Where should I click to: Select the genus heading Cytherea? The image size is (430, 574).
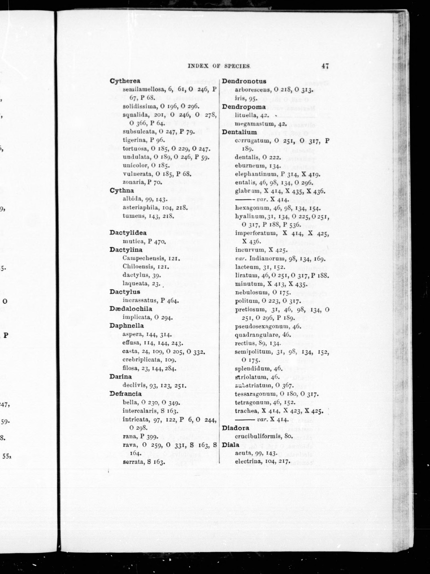coord(125,81)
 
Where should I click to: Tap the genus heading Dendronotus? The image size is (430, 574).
coord(244,81)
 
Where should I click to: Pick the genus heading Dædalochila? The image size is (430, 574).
coord(131,309)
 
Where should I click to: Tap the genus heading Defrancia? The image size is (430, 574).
coord(126,394)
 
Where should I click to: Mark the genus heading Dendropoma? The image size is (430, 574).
coord(244,107)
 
